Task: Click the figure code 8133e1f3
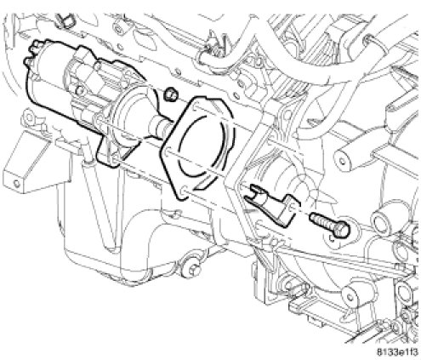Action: click(x=397, y=352)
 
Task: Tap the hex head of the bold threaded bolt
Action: click(x=342, y=228)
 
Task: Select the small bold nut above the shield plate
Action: click(x=170, y=94)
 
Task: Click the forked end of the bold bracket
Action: click(x=255, y=192)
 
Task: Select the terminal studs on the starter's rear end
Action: click(x=33, y=53)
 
